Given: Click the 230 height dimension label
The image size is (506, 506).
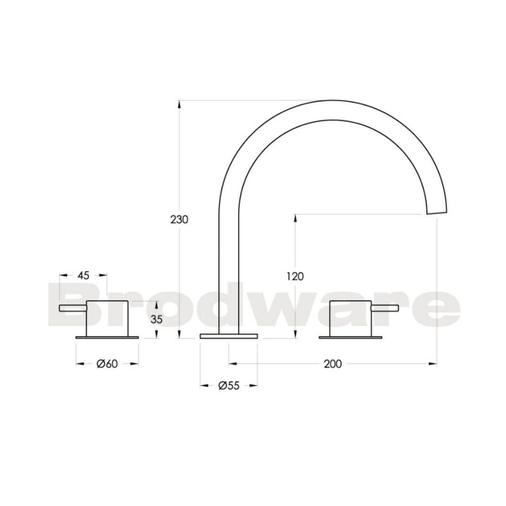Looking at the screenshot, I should [179, 219].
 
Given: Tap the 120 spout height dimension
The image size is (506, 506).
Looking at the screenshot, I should [296, 276].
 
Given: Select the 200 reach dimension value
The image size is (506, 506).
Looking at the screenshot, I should [333, 364].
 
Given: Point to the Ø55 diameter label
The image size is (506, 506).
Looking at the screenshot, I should [229, 386].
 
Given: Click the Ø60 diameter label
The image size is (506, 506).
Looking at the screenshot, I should [107, 364].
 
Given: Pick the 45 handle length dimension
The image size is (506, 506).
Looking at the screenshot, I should [83, 275].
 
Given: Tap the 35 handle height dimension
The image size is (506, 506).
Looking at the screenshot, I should [156, 320].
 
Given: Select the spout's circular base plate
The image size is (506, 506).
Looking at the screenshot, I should [229, 336].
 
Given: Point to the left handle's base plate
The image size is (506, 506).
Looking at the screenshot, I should [107, 336].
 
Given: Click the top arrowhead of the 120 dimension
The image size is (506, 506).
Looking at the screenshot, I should [296, 217].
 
